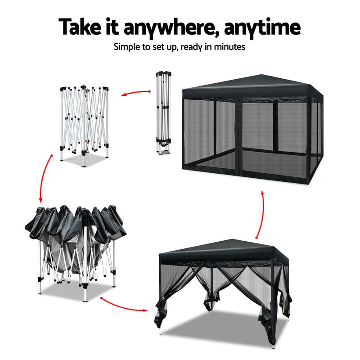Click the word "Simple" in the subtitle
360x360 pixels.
click(x=128, y=46)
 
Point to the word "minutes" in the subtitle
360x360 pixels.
click(x=229, y=46)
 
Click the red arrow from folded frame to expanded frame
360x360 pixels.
click(x=135, y=93)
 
